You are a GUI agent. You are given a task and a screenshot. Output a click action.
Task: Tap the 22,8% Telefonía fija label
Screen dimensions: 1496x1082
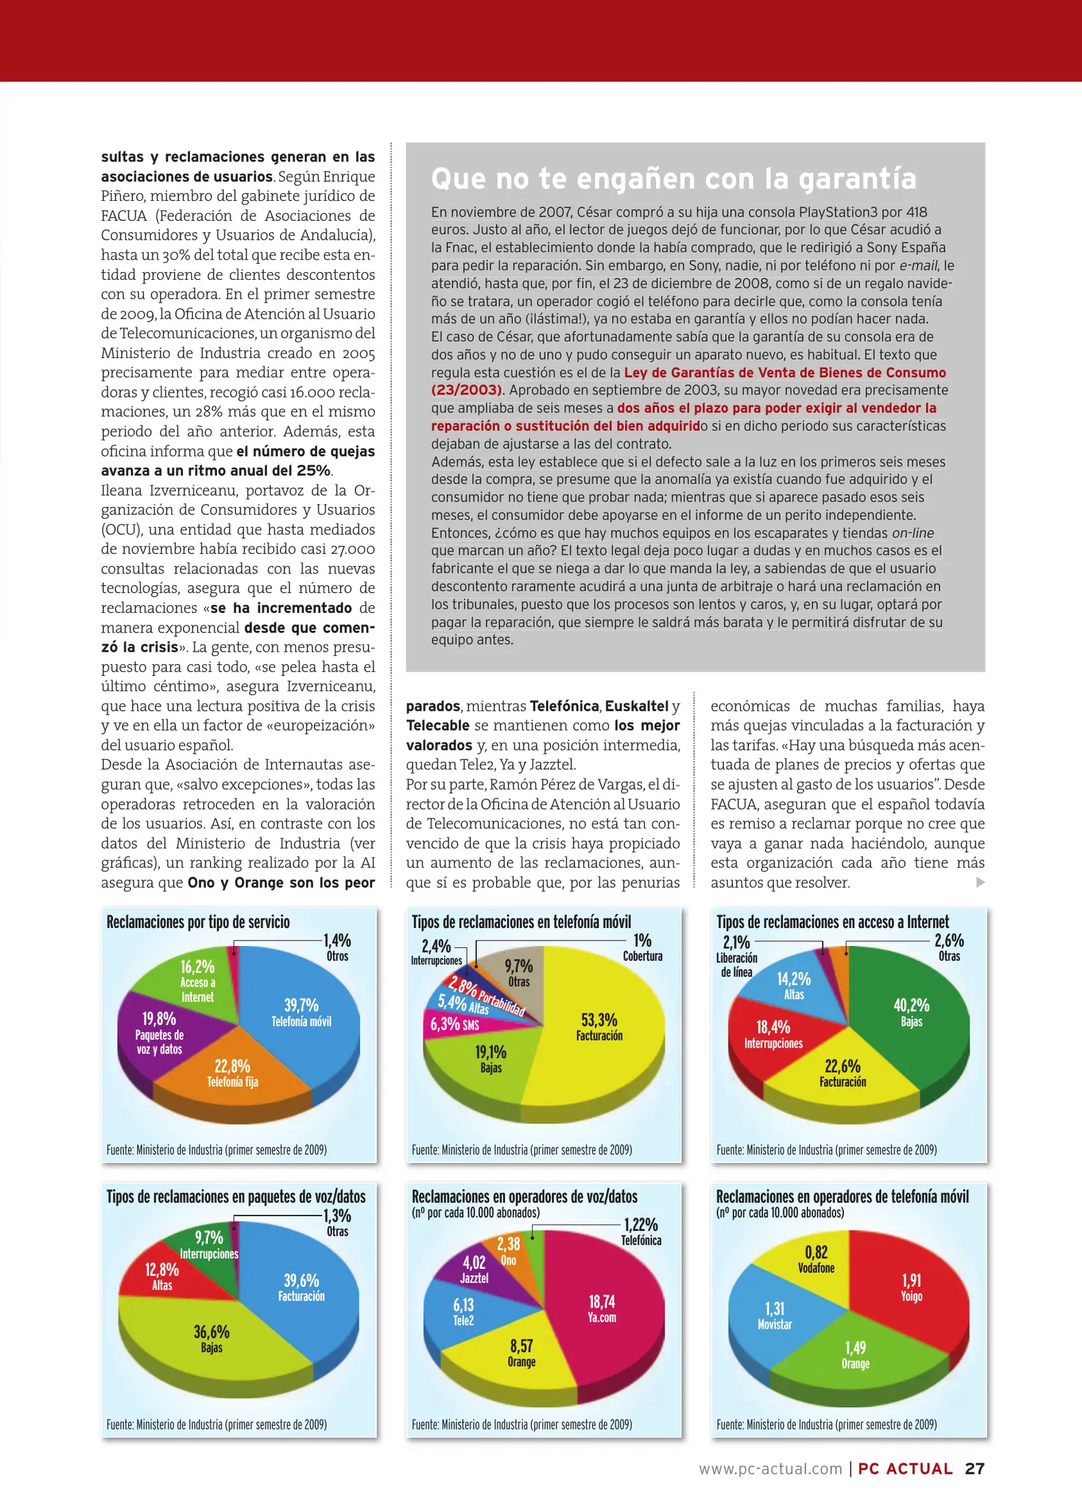click(232, 1074)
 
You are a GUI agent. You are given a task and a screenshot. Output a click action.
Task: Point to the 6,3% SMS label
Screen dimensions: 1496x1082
click(454, 1024)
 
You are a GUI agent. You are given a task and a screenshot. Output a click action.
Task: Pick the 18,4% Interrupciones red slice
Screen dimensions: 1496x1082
click(773, 1035)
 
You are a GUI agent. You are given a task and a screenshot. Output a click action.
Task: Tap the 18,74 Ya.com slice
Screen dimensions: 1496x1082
click(601, 1309)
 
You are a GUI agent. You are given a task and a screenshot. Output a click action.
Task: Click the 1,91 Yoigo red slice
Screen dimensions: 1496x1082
click(912, 1288)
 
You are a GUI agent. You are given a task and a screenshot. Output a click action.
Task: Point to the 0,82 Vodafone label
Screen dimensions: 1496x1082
click(816, 1259)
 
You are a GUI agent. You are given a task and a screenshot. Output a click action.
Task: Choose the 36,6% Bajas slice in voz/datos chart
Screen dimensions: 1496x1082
click(211, 1339)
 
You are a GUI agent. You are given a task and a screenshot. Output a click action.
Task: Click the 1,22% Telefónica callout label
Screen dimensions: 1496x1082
click(641, 1231)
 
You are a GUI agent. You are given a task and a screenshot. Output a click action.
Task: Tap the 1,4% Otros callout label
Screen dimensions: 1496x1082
click(337, 947)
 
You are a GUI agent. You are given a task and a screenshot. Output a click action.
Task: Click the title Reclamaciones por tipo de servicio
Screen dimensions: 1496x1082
click(198, 922)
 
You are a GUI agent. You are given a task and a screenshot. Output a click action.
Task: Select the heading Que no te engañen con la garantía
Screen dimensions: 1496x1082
click(673, 179)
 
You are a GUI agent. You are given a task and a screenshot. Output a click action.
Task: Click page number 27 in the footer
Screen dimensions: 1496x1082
click(975, 1468)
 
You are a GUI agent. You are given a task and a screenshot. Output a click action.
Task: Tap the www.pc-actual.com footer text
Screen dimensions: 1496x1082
click(770, 1468)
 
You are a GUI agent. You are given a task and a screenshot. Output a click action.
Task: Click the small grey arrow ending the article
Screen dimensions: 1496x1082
click(980, 882)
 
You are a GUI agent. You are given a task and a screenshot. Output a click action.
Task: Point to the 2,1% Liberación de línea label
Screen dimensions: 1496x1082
click(736, 956)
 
